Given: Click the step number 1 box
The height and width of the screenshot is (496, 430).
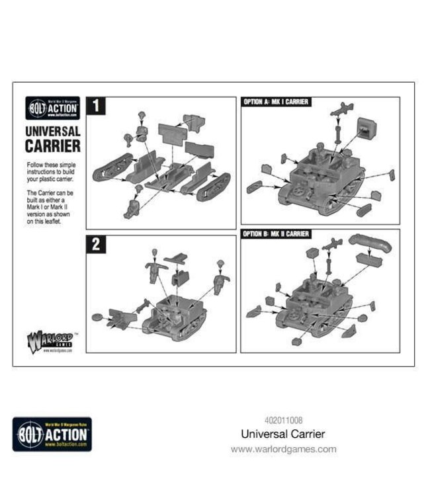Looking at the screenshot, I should (95, 106).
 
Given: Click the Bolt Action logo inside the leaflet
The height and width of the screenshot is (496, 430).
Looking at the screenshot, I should (52, 106).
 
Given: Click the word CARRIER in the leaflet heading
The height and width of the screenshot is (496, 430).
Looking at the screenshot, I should (53, 145).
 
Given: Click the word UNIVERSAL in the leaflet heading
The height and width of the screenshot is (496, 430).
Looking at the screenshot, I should (53, 131).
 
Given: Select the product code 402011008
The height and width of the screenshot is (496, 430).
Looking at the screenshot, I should (284, 419).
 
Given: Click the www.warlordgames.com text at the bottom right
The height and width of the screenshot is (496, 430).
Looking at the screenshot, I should (284, 449).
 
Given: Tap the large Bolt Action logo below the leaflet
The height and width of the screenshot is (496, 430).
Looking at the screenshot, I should (52, 434).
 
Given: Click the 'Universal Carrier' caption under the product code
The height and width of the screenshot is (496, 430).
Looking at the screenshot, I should (284, 434).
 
